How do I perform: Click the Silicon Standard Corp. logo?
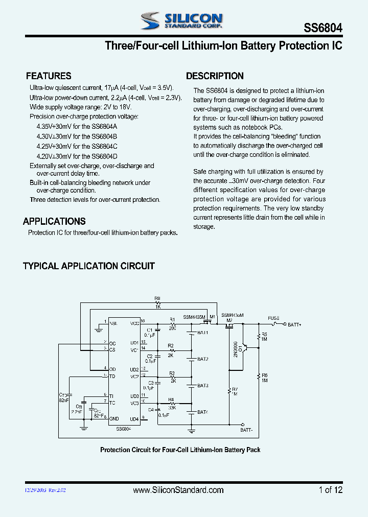[182, 21]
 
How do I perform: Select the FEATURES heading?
[49, 76]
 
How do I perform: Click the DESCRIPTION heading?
[215, 76]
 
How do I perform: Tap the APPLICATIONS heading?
[54, 221]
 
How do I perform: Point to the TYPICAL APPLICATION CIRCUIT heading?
[89, 266]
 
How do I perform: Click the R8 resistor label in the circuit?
[157, 298]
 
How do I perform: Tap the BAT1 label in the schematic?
[203, 333]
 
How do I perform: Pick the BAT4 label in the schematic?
[203, 412]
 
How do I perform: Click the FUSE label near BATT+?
[273, 318]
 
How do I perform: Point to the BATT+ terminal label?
[294, 324]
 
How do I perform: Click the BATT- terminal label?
[246, 430]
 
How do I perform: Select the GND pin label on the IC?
[114, 418]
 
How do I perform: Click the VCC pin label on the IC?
[134, 323]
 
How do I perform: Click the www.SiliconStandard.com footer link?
[178, 490]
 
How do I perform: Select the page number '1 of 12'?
[330, 490]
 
